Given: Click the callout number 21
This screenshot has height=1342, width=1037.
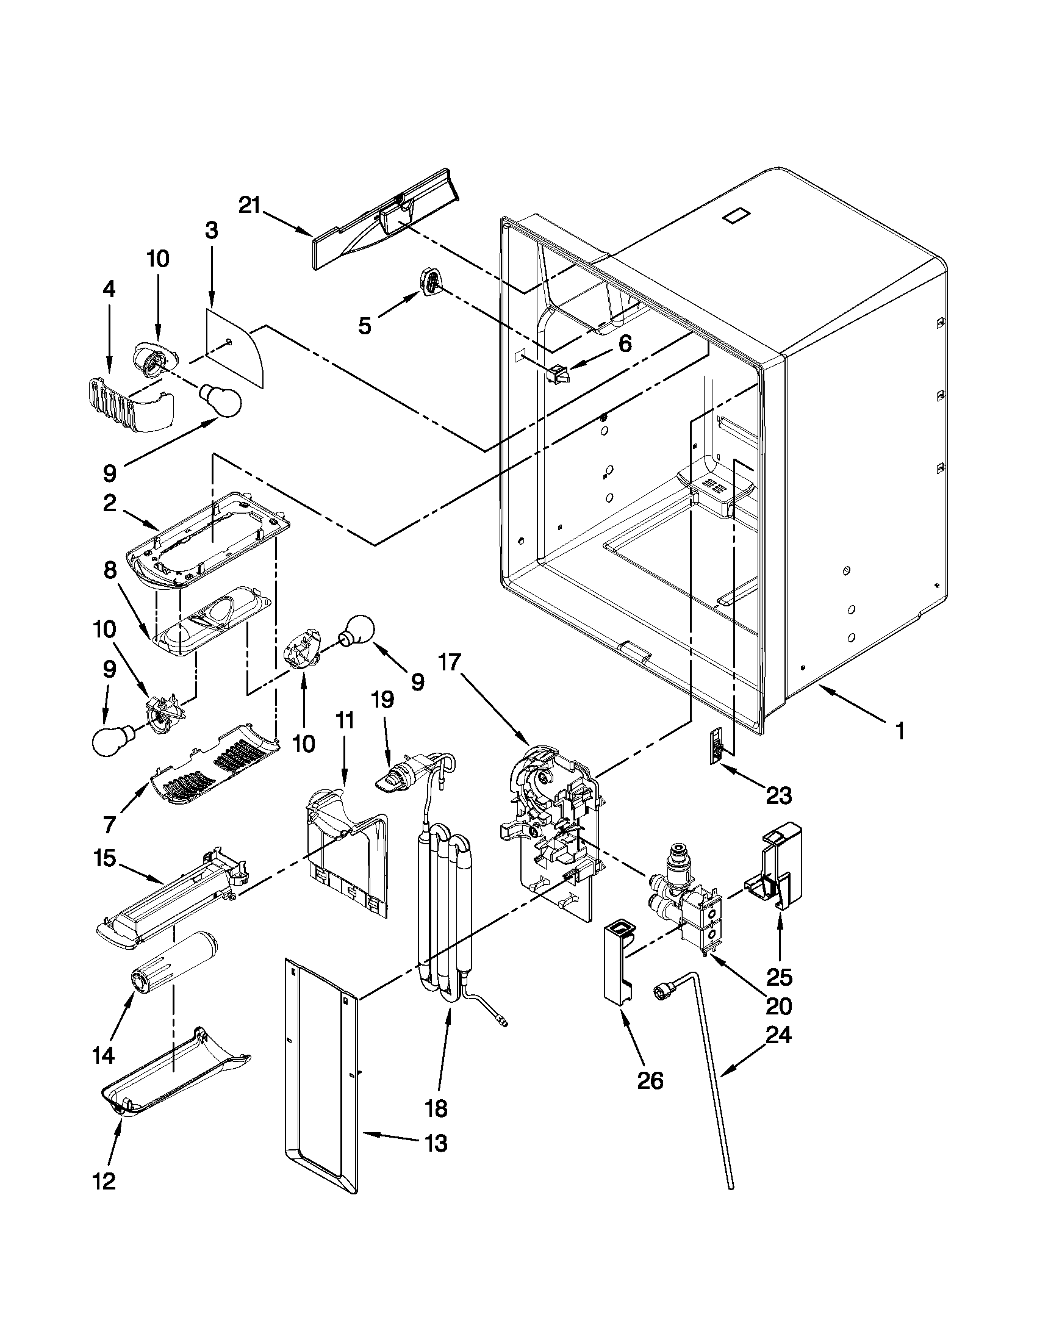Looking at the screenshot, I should point(250,205).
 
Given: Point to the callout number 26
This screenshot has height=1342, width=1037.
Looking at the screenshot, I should point(651,1081).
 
